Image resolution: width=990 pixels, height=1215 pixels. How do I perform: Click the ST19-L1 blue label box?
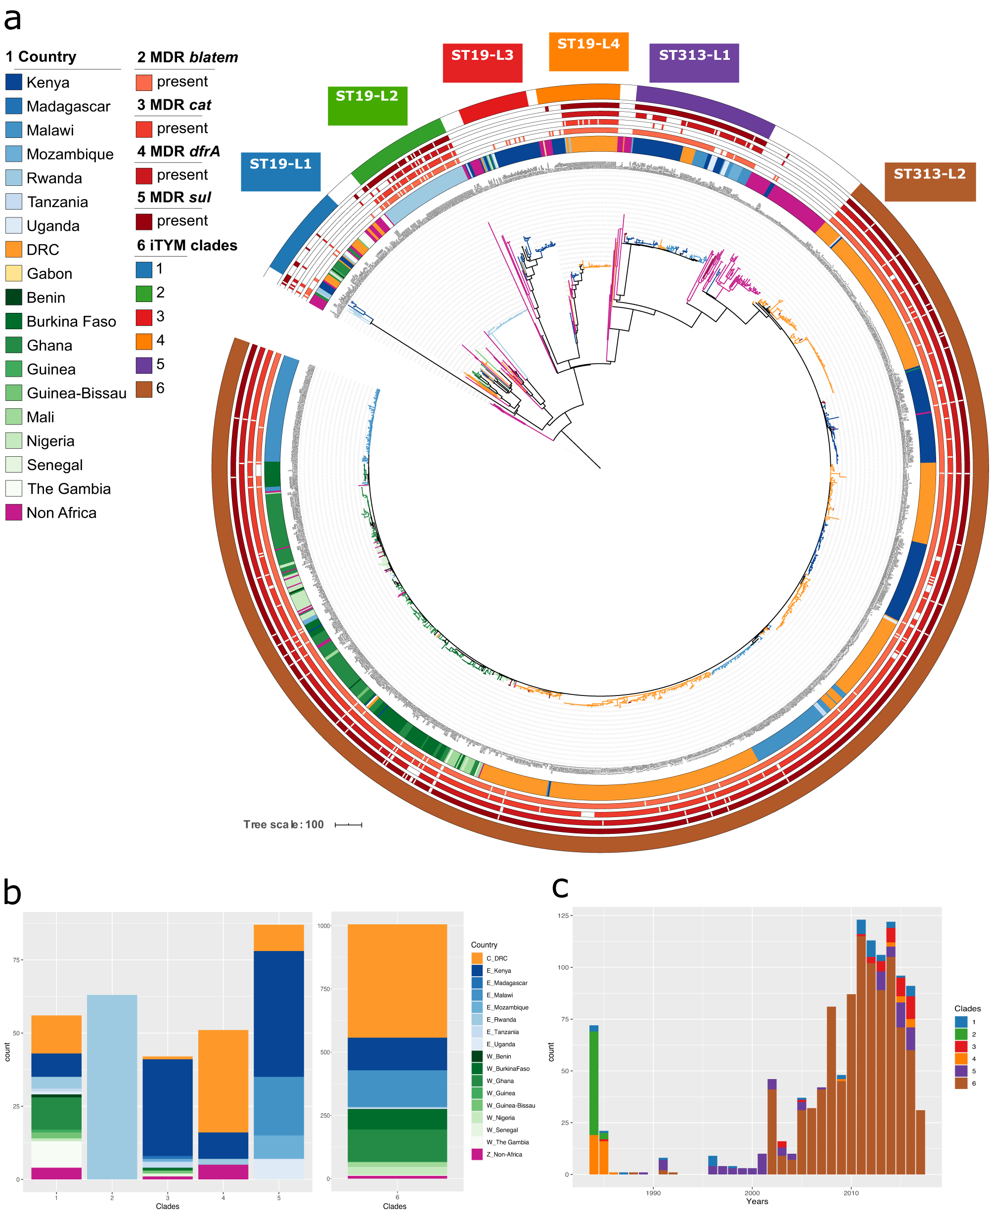click(x=280, y=171)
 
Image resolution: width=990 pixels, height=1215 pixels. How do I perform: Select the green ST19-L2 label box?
click(x=367, y=105)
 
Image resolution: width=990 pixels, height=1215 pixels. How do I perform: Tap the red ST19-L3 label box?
click(x=483, y=62)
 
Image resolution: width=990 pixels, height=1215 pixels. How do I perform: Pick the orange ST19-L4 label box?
click(x=588, y=51)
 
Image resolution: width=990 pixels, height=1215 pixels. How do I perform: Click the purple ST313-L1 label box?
click(x=694, y=63)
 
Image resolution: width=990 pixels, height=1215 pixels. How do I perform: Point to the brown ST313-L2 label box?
click(x=930, y=181)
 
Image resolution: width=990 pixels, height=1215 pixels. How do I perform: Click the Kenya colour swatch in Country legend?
click(x=14, y=82)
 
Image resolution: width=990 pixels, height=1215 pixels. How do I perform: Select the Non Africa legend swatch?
click(x=14, y=512)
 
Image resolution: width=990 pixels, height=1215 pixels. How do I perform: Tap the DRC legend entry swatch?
click(x=14, y=250)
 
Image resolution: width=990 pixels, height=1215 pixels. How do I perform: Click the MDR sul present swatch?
click(x=144, y=221)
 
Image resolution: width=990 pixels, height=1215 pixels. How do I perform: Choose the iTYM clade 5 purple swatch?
click(x=144, y=365)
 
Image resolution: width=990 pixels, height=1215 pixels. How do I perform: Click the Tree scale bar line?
click(x=349, y=824)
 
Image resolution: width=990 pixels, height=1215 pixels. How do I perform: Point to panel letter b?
click(x=12, y=892)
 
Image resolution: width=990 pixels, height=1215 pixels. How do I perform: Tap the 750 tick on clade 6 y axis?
click(x=324, y=989)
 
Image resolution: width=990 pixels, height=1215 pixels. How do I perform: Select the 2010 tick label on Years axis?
click(x=851, y=1193)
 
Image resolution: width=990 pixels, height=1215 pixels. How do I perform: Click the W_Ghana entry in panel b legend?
click(x=500, y=1081)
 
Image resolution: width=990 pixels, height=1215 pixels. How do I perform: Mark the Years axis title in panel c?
click(x=757, y=1201)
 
